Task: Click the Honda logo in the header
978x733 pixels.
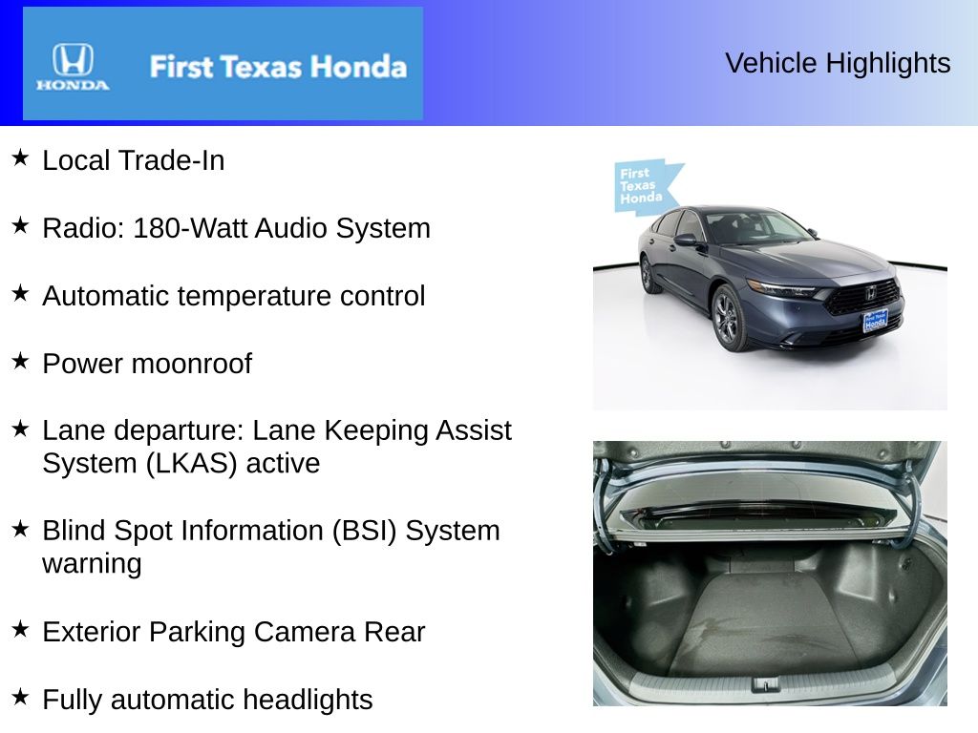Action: pos(73,67)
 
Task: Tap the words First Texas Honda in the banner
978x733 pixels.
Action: pos(278,67)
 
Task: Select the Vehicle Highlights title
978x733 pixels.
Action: pos(838,63)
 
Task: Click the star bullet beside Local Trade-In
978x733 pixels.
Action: pos(21,157)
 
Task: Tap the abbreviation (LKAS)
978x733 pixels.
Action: pos(191,464)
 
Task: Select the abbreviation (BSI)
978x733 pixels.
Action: pos(364,531)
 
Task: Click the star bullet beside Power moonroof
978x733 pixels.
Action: pos(21,361)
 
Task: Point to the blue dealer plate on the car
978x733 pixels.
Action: pos(875,322)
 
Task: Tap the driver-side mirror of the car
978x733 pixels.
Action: pos(686,240)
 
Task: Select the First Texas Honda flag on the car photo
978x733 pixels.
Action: pos(646,186)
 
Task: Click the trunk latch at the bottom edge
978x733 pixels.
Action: pos(766,685)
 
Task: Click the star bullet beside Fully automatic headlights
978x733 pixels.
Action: pos(21,697)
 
